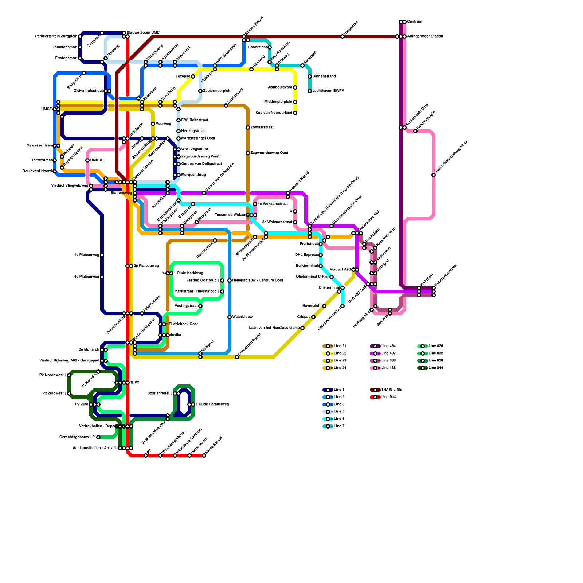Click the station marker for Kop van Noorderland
point(295,113)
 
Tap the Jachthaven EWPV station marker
point(310,91)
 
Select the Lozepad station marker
point(193,77)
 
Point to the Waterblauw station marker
point(230,317)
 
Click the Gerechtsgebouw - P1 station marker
point(98,437)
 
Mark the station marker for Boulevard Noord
point(55,171)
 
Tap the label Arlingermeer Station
point(425,36)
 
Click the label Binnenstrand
point(324,77)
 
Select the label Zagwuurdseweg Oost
point(269,153)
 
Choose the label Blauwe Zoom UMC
point(143,33)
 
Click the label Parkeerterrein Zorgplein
point(56,36)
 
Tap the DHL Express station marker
point(321,255)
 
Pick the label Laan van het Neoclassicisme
point(274,328)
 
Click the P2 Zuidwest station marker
point(69,394)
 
